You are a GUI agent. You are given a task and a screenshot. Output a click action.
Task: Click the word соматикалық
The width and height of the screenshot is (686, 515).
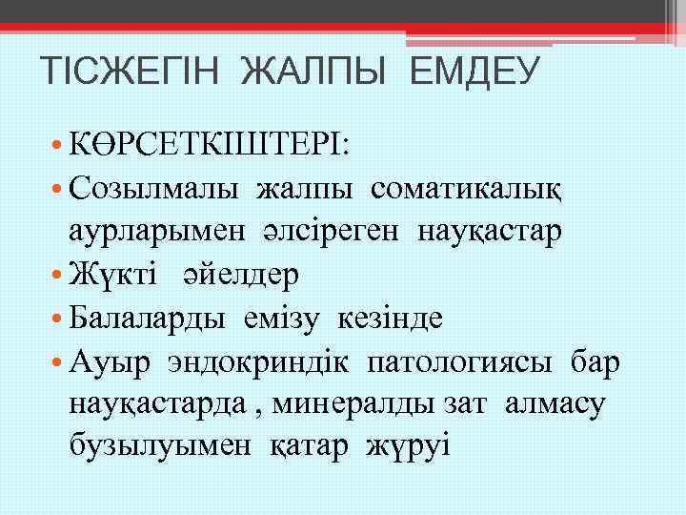tap(467, 188)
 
